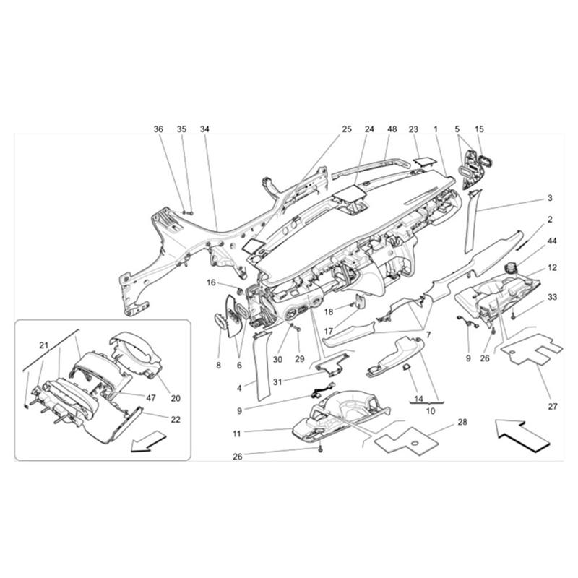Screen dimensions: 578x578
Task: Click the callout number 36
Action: [158, 129]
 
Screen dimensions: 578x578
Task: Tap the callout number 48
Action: [392, 129]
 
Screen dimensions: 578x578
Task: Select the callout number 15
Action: [479, 129]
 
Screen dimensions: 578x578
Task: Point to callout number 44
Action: [552, 240]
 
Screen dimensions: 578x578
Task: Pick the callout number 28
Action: [462, 421]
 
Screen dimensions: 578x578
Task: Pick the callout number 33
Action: [552, 297]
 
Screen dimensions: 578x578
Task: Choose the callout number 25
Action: [346, 129]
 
